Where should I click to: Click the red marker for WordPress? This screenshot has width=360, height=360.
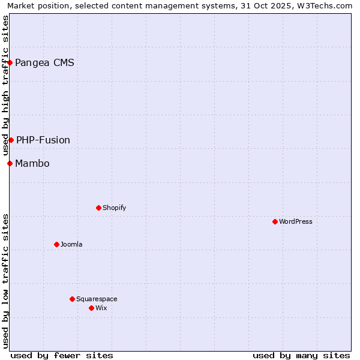tap(275, 221)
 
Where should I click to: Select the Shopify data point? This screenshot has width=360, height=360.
tap(98, 208)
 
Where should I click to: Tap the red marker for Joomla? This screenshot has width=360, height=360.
tap(56, 244)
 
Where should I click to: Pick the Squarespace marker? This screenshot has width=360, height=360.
tap(72, 299)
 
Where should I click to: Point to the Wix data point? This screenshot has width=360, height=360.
tap(91, 308)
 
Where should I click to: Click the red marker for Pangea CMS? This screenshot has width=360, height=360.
tap(10, 62)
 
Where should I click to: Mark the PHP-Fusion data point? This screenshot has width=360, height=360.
tap(11, 140)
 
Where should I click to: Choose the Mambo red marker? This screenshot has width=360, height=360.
tap(10, 163)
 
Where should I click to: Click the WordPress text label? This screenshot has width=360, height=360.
tap(295, 221)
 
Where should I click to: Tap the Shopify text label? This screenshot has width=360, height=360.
tap(114, 208)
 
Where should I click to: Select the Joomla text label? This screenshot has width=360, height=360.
tap(71, 244)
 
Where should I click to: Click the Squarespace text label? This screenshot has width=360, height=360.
tap(97, 299)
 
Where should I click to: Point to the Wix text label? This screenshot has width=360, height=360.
tap(101, 308)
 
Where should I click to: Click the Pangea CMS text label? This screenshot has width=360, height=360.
tap(44, 62)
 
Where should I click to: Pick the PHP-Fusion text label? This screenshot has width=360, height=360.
tap(43, 140)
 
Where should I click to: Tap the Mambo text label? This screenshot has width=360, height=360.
tap(32, 163)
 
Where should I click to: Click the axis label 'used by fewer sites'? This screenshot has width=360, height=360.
tap(62, 355)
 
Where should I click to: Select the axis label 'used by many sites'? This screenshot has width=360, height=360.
tap(301, 355)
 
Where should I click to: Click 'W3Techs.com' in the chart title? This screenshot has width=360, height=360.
tap(327, 5)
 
